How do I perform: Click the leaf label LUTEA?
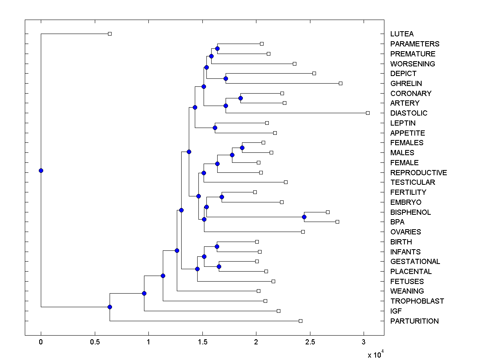click(x=402, y=34)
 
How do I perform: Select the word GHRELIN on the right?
click(x=406, y=84)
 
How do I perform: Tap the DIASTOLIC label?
click(x=408, y=113)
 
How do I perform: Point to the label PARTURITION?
click(x=414, y=321)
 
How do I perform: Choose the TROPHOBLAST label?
click(x=417, y=301)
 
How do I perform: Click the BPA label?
click(x=397, y=222)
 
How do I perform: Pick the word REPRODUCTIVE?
click(x=418, y=173)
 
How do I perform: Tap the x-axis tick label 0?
click(x=41, y=342)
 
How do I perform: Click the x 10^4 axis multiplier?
click(x=376, y=354)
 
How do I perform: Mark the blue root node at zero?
click(x=41, y=170)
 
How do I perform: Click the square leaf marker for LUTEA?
click(x=110, y=34)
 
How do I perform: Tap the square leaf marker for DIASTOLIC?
click(x=368, y=113)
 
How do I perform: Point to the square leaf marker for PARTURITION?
click(x=300, y=321)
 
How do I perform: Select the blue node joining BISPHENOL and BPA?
click(x=304, y=217)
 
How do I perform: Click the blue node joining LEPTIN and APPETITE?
click(x=215, y=128)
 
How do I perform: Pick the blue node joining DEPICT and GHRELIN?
click(x=226, y=78)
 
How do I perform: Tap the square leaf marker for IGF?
click(x=278, y=311)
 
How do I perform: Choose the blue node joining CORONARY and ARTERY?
click(x=240, y=98)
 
